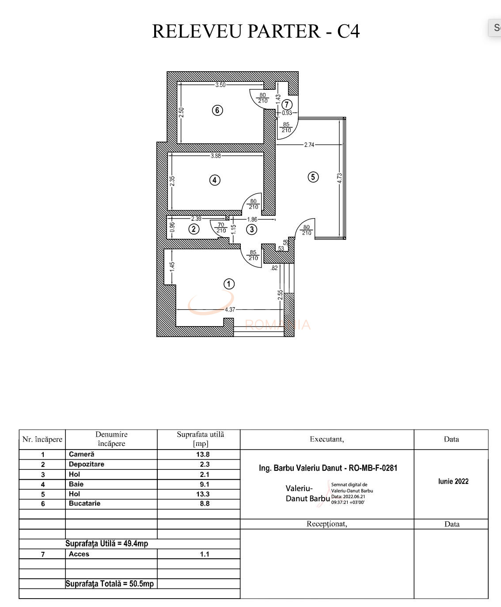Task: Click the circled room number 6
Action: pyautogui.click(x=217, y=110)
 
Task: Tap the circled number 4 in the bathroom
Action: pyautogui.click(x=215, y=180)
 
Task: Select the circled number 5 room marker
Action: pyautogui.click(x=313, y=177)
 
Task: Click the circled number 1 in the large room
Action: pyautogui.click(x=229, y=284)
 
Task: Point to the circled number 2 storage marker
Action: pyautogui.click(x=194, y=229)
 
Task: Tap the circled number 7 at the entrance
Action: pyautogui.click(x=287, y=104)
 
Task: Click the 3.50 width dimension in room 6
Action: pyautogui.click(x=220, y=85)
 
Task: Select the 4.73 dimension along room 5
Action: pyautogui.click(x=339, y=178)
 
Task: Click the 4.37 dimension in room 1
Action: pyautogui.click(x=230, y=310)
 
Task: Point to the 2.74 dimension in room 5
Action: pyautogui.click(x=309, y=145)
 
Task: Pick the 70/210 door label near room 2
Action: pyautogui.click(x=221, y=227)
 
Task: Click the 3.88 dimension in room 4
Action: pyautogui.click(x=216, y=156)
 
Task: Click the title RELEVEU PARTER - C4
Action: pyautogui.click(x=256, y=31)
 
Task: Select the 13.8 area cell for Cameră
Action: pyautogui.click(x=203, y=454)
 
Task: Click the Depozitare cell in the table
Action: pyautogui.click(x=87, y=464)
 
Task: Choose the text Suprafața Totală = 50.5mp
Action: pyautogui.click(x=110, y=584)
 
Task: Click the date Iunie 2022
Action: pyautogui.click(x=453, y=481)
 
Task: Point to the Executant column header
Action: pyautogui.click(x=327, y=439)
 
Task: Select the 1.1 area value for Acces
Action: pyautogui.click(x=204, y=554)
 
